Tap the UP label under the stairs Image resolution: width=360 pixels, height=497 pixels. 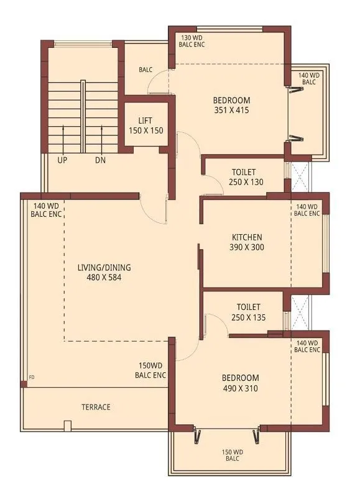62,160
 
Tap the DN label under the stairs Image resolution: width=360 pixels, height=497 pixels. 101,160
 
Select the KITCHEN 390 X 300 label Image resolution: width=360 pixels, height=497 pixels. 247,242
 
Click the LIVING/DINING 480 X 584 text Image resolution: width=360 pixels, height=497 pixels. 104,273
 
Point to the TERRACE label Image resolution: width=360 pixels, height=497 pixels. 96,408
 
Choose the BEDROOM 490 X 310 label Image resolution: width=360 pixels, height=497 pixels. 240,383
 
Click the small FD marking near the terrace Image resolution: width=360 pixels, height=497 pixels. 32,377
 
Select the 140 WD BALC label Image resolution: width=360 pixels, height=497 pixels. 308,78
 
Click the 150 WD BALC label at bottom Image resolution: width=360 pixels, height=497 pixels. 231,455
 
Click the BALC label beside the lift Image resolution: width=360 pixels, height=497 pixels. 145,70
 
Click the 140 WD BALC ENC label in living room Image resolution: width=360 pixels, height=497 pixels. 47,210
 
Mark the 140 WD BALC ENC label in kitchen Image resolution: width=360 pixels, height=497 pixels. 307,210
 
